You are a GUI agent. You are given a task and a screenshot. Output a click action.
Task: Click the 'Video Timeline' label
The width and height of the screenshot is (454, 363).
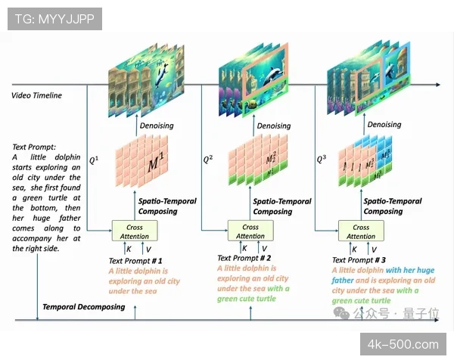pyautogui.click(x=37, y=95)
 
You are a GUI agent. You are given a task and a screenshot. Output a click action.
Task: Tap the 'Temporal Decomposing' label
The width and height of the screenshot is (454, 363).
pyautogui.click(x=74, y=307)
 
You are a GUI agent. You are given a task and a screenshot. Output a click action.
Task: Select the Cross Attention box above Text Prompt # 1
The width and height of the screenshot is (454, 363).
pyautogui.click(x=134, y=231)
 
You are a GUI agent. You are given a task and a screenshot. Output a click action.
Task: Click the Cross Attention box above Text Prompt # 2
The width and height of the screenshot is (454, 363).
pyautogui.click(x=250, y=231)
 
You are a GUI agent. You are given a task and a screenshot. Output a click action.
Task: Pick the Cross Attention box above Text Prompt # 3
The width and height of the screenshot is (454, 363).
pyautogui.click(x=361, y=231)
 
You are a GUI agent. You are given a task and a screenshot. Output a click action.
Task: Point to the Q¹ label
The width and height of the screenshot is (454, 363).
pyautogui.click(x=93, y=160)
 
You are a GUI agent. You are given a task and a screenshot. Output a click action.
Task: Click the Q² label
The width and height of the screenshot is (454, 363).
pyautogui.click(x=208, y=160)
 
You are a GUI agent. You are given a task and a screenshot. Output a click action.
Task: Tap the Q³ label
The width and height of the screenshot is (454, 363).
pyautogui.click(x=322, y=160)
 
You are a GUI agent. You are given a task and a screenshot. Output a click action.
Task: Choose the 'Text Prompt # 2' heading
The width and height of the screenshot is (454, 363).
pyautogui.click(x=250, y=259)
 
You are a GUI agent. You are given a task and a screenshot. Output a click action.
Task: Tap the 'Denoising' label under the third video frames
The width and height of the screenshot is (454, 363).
pyautogui.click(x=383, y=124)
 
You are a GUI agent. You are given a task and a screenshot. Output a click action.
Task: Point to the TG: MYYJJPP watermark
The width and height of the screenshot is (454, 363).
pyautogui.click(x=54, y=19)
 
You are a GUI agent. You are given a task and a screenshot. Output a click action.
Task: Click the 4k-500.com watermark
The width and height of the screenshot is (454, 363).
pyautogui.click(x=402, y=345)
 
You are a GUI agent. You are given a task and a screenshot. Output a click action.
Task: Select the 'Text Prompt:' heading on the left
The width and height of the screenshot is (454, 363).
pyautogui.click(x=34, y=147)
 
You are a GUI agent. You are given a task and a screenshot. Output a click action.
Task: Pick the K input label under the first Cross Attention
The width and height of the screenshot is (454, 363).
pyautogui.click(x=128, y=249)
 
